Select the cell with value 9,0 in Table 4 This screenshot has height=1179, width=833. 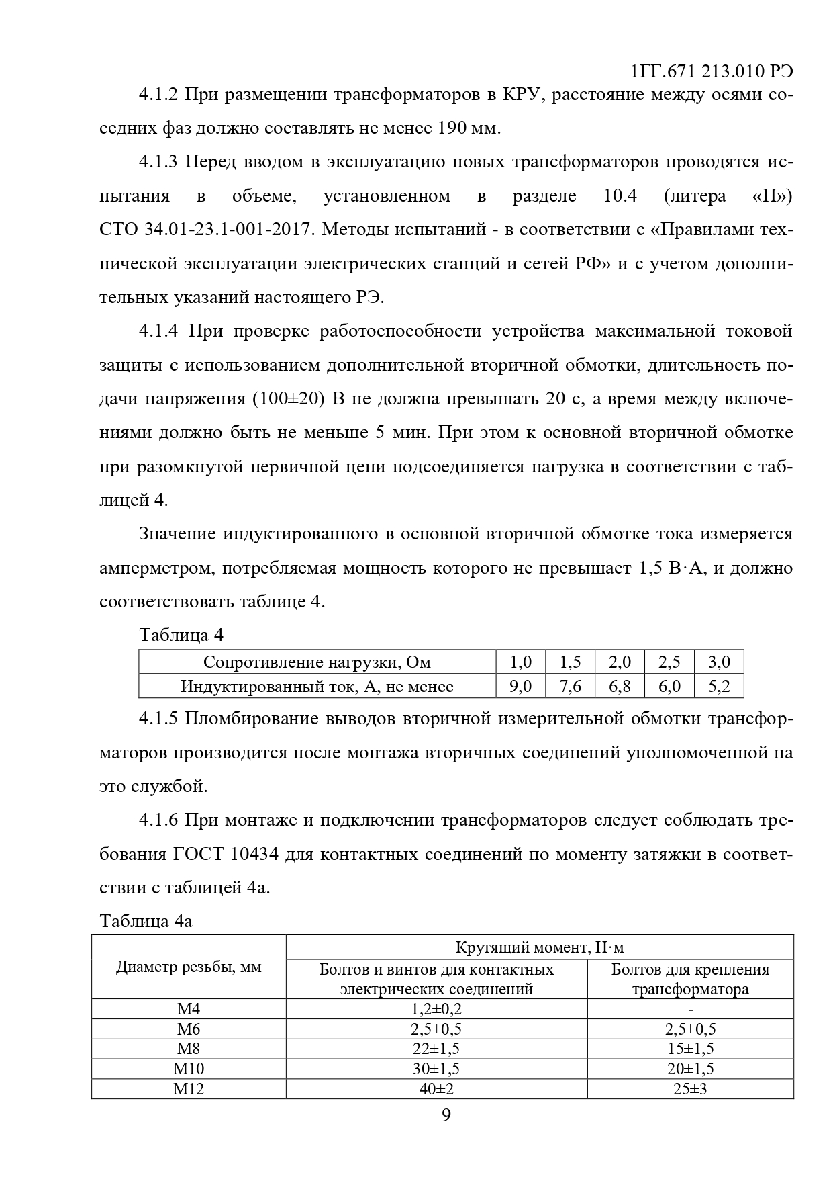520,686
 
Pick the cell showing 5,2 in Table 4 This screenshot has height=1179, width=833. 719,686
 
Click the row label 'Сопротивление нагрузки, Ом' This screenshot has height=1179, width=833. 317,662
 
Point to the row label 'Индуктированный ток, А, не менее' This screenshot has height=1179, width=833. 317,686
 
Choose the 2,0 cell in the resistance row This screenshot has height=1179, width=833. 620,662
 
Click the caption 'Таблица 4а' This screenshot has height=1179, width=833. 146,920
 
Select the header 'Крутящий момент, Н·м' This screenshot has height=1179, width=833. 540,947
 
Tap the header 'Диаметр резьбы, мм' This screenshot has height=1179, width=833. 189,967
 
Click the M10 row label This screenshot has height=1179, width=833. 189,1069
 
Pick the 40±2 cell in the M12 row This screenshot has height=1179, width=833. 436,1089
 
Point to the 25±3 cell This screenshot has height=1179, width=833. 690,1089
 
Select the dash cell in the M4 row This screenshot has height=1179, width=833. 690,1009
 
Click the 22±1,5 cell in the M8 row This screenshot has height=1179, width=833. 436,1049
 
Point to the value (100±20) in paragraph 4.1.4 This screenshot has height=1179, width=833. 289,399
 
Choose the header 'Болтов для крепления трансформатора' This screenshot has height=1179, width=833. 690,979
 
